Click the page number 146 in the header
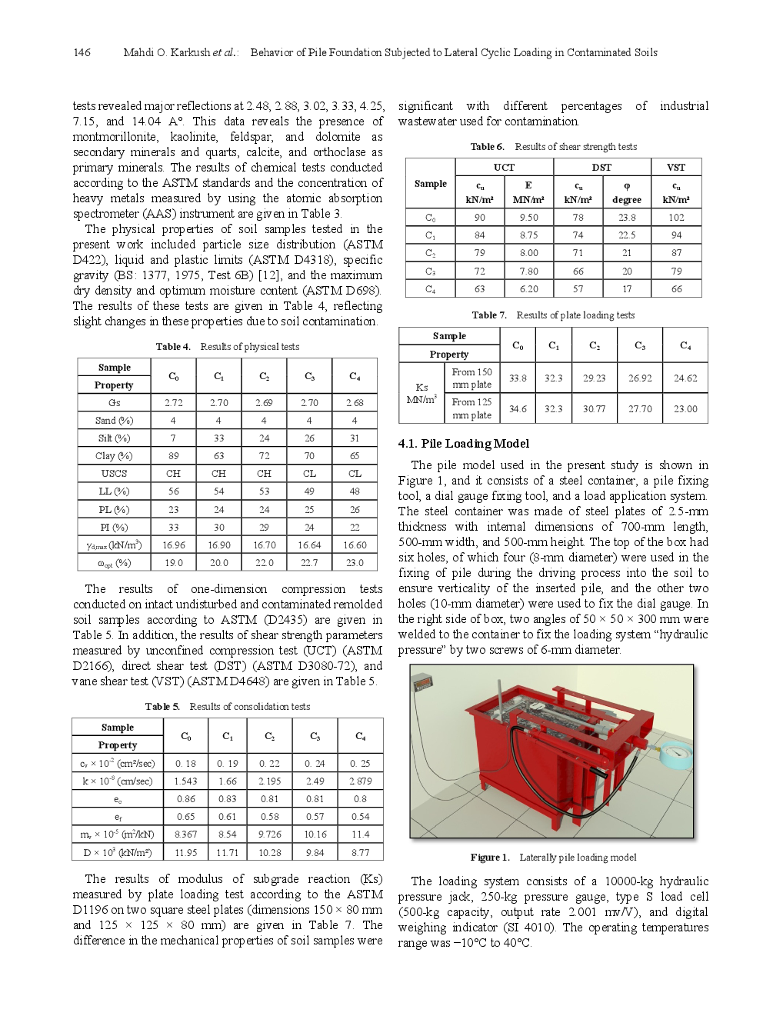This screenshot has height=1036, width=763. click(82, 52)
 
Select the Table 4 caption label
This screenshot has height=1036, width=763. click(173, 347)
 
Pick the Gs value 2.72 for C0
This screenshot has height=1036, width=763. click(174, 403)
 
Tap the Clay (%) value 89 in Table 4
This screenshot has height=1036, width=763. click(174, 456)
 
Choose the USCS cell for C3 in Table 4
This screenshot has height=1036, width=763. click(309, 474)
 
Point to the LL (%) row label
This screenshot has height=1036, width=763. click(114, 491)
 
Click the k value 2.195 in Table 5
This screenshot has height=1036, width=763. click(270, 781)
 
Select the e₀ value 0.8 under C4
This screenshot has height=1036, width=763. click(360, 799)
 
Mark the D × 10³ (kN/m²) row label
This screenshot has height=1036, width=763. click(117, 853)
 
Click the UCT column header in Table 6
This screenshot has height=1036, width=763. click(504, 168)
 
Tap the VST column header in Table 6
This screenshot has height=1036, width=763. click(676, 168)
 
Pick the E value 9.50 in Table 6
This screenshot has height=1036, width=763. click(528, 218)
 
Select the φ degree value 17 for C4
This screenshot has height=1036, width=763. click(627, 289)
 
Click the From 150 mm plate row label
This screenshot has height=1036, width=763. click(471, 378)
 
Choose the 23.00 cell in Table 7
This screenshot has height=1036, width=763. click(685, 409)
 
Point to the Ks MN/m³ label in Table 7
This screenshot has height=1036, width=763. click(421, 393)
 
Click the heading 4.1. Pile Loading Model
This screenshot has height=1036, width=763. click(463, 444)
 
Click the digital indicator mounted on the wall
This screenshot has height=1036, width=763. click(422, 682)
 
